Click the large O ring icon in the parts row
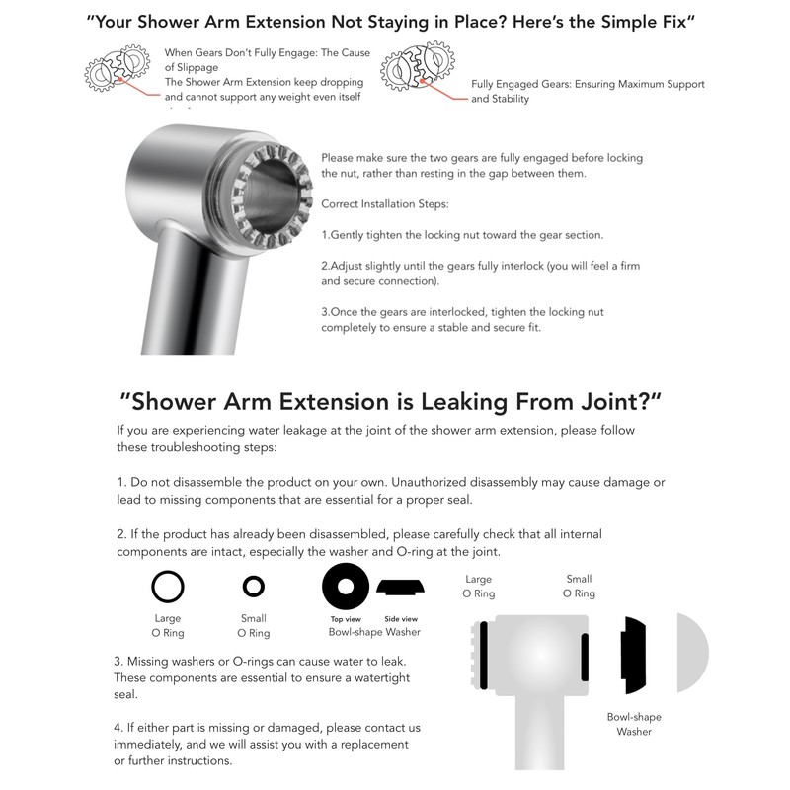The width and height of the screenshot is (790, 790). (168, 587)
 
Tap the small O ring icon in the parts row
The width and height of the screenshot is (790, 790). (254, 587)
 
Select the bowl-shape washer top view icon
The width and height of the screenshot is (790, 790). (346, 587)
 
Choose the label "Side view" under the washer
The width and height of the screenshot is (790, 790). (400, 618)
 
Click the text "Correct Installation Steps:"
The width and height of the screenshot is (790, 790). (385, 203)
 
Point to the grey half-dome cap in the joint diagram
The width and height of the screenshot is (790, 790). (692, 652)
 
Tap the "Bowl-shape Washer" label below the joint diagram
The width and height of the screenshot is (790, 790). (634, 725)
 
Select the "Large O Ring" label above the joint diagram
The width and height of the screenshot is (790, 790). (478, 587)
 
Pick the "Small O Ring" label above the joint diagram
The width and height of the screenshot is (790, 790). (579, 587)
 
